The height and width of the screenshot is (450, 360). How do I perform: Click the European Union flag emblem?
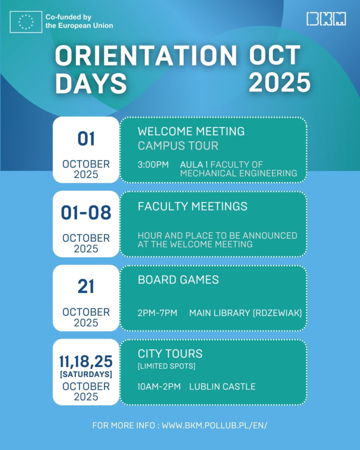[26, 22]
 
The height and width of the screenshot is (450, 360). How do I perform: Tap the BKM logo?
[326, 19]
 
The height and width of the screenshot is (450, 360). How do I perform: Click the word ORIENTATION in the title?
[146, 55]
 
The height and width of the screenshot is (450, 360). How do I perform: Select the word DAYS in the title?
[91, 83]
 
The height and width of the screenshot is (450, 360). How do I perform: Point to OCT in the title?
[274, 55]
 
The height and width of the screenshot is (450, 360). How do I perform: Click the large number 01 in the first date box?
[86, 139]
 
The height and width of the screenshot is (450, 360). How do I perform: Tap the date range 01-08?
[86, 213]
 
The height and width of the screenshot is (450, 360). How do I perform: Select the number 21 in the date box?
[86, 287]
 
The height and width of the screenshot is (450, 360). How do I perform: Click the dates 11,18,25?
[86, 361]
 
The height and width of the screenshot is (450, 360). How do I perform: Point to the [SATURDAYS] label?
[86, 374]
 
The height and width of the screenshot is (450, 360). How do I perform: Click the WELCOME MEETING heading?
[191, 131]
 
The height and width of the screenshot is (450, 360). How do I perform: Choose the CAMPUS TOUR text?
[178, 146]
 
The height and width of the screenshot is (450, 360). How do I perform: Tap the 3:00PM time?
[153, 165]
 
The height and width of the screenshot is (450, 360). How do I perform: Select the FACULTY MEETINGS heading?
[193, 207]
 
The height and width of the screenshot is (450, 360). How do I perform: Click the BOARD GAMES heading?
[178, 280]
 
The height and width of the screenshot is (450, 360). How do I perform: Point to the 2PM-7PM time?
[157, 313]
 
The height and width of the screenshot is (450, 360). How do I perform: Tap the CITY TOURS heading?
[170, 354]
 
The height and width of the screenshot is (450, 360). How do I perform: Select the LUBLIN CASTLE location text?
[222, 387]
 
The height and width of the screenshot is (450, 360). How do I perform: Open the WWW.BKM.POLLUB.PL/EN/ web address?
[215, 425]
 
